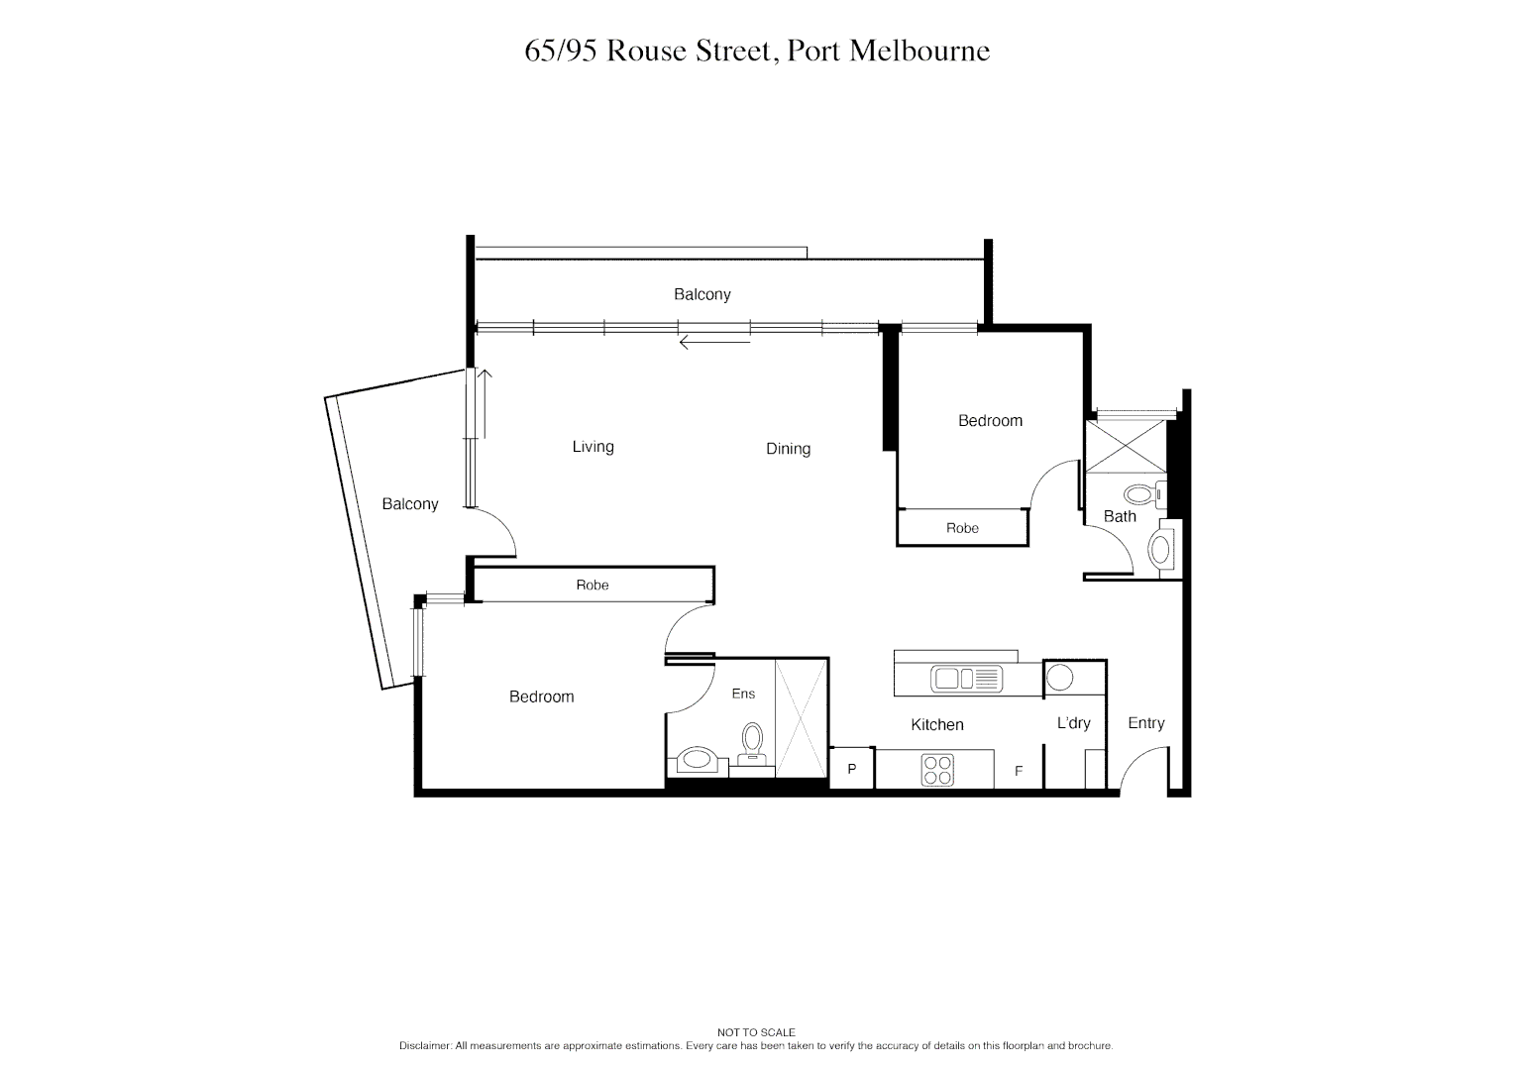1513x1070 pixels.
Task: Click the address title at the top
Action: tap(757, 52)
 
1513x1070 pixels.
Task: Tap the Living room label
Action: tap(593, 447)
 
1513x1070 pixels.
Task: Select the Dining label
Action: tap(788, 449)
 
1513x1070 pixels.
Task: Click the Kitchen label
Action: tap(936, 725)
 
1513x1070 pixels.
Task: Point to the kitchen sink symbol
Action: tap(966, 679)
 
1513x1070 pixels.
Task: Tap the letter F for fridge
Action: tap(1018, 771)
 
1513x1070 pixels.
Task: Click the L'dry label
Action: tap(1073, 723)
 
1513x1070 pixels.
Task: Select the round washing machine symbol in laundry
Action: tap(1060, 679)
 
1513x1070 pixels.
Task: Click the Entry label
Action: tap(1145, 723)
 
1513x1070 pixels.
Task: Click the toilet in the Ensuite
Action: tap(752, 740)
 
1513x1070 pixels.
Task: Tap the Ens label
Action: tap(743, 694)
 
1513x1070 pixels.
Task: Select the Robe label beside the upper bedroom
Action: tap(962, 528)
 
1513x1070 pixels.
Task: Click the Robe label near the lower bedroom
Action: tap(592, 586)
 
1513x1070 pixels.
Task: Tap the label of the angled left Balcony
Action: tap(409, 504)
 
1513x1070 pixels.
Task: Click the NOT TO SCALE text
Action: tap(756, 1032)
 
